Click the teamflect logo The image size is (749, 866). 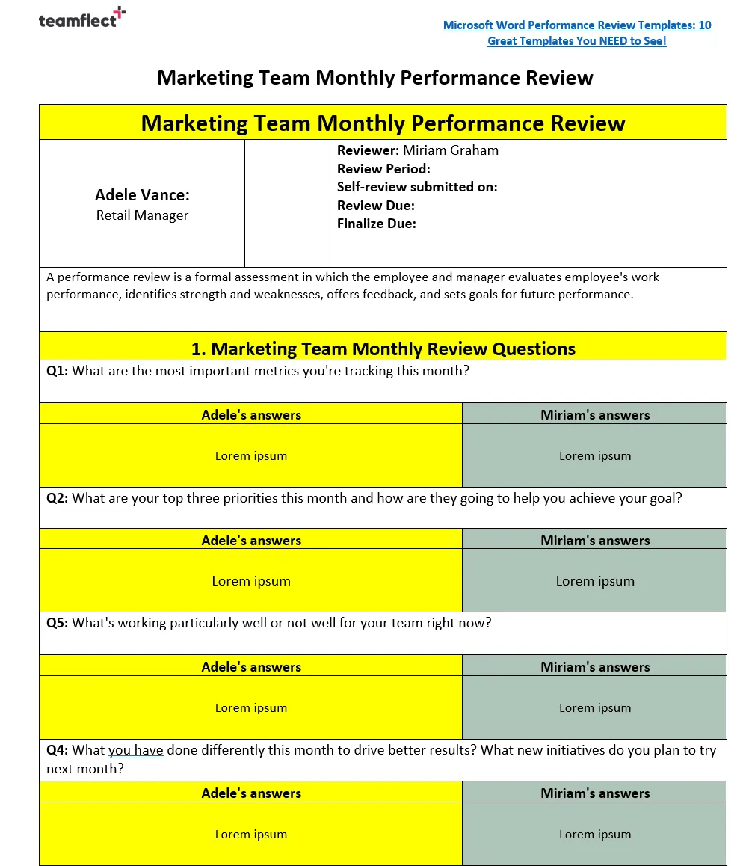click(81, 18)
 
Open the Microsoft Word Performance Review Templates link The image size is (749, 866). click(576, 33)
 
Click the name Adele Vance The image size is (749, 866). click(142, 195)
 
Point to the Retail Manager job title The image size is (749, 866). click(142, 215)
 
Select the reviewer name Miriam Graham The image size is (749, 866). click(450, 150)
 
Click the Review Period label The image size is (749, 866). click(383, 169)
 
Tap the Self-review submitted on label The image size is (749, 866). click(416, 187)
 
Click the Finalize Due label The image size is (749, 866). click(376, 224)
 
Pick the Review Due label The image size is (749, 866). click(375, 206)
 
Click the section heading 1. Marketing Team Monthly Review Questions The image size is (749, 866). click(383, 348)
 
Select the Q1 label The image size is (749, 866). click(57, 371)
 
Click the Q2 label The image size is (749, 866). click(57, 498)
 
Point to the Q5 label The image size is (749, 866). click(57, 623)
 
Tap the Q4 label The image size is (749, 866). click(57, 750)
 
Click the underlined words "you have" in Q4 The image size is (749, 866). click(135, 750)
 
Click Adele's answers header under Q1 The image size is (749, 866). click(251, 415)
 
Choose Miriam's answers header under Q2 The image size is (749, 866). click(595, 541)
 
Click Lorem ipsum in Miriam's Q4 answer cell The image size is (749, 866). click(595, 835)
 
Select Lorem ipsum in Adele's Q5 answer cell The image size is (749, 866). click(251, 708)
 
